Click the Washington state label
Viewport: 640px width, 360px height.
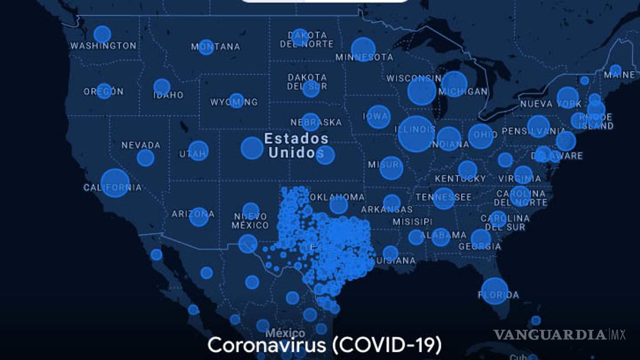pyautogui.click(x=103, y=46)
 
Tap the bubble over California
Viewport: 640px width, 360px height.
pyautogui.click(x=115, y=183)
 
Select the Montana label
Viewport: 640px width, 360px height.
pyautogui.click(x=216, y=47)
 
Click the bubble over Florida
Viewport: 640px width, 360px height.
pyautogui.click(x=494, y=290)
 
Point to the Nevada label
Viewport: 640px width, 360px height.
pyautogui.click(x=141, y=146)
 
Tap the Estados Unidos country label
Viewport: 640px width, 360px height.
pyautogui.click(x=296, y=146)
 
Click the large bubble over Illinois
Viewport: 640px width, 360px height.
pyautogui.click(x=416, y=134)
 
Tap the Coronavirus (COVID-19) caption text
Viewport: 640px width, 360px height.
pyautogui.click(x=324, y=345)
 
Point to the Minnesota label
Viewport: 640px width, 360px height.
pyautogui.click(x=364, y=57)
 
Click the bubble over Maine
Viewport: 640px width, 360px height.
pyautogui.click(x=615, y=71)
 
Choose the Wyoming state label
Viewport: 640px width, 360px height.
pyautogui.click(x=234, y=102)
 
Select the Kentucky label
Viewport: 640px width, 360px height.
pyautogui.click(x=460, y=179)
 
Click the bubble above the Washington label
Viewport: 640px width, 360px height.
pyautogui.click(x=102, y=34)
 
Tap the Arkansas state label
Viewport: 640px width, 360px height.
pyautogui.click(x=387, y=210)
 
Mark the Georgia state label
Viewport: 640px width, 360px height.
pyautogui.click(x=481, y=247)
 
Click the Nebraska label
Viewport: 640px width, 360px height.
pyautogui.click(x=316, y=122)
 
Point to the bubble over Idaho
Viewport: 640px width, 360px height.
pyautogui.click(x=162, y=87)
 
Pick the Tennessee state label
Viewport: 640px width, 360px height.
pyautogui.click(x=443, y=197)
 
